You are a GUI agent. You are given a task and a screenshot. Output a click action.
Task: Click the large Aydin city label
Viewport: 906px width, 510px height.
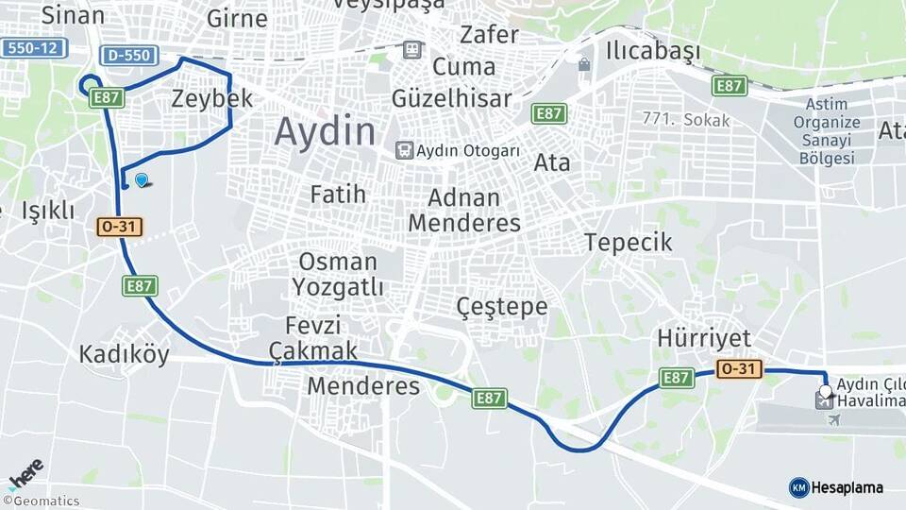[x=325, y=131]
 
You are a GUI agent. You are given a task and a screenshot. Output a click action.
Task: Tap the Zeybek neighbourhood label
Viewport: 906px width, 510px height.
[x=212, y=98]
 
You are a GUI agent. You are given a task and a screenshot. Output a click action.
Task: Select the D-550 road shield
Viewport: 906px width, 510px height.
[x=127, y=55]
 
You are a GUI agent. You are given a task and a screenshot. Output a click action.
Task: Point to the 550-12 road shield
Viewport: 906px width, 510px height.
[x=31, y=47]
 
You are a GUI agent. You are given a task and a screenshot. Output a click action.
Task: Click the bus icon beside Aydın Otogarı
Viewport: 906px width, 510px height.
[x=404, y=150]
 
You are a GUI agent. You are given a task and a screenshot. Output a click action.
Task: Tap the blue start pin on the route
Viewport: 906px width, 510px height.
[x=142, y=179]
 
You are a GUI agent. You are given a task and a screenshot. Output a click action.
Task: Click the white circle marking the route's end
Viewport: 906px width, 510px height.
[x=826, y=390]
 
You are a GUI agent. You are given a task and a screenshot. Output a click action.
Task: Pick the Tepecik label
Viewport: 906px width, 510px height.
[x=628, y=243]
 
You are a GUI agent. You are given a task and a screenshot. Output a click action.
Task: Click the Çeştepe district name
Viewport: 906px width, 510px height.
[x=501, y=306]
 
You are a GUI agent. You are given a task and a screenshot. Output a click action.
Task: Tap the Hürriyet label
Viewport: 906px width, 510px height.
[x=704, y=339]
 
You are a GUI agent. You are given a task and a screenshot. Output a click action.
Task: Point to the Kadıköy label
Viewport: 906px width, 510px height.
[x=124, y=354]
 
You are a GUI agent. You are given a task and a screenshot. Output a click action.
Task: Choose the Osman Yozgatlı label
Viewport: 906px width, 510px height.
[x=337, y=274]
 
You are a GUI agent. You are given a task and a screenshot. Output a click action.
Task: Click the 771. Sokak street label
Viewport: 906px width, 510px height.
[x=685, y=120]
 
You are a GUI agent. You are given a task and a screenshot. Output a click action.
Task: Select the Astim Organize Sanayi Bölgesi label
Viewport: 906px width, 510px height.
[x=826, y=131]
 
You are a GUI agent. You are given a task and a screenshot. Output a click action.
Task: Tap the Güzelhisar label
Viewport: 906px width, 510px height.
[x=451, y=98]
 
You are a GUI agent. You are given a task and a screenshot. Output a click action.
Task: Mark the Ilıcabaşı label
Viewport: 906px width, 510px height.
[x=654, y=50]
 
